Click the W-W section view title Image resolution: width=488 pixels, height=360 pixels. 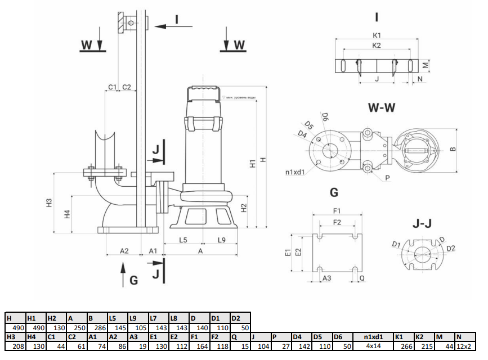(x=382, y=107)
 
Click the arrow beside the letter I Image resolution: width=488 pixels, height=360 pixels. (x=173, y=25)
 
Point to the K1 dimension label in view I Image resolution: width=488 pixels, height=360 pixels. (x=377, y=35)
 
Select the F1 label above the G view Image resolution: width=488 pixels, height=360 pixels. (x=337, y=210)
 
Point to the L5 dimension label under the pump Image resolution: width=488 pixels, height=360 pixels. (x=183, y=240)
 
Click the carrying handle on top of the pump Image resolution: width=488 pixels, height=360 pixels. (x=204, y=90)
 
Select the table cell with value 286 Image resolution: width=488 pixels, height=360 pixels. (x=96, y=327)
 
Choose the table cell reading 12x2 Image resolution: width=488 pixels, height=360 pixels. (x=464, y=346)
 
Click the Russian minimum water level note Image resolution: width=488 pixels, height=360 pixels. (x=240, y=97)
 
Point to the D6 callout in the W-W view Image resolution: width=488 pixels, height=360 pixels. (x=325, y=116)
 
